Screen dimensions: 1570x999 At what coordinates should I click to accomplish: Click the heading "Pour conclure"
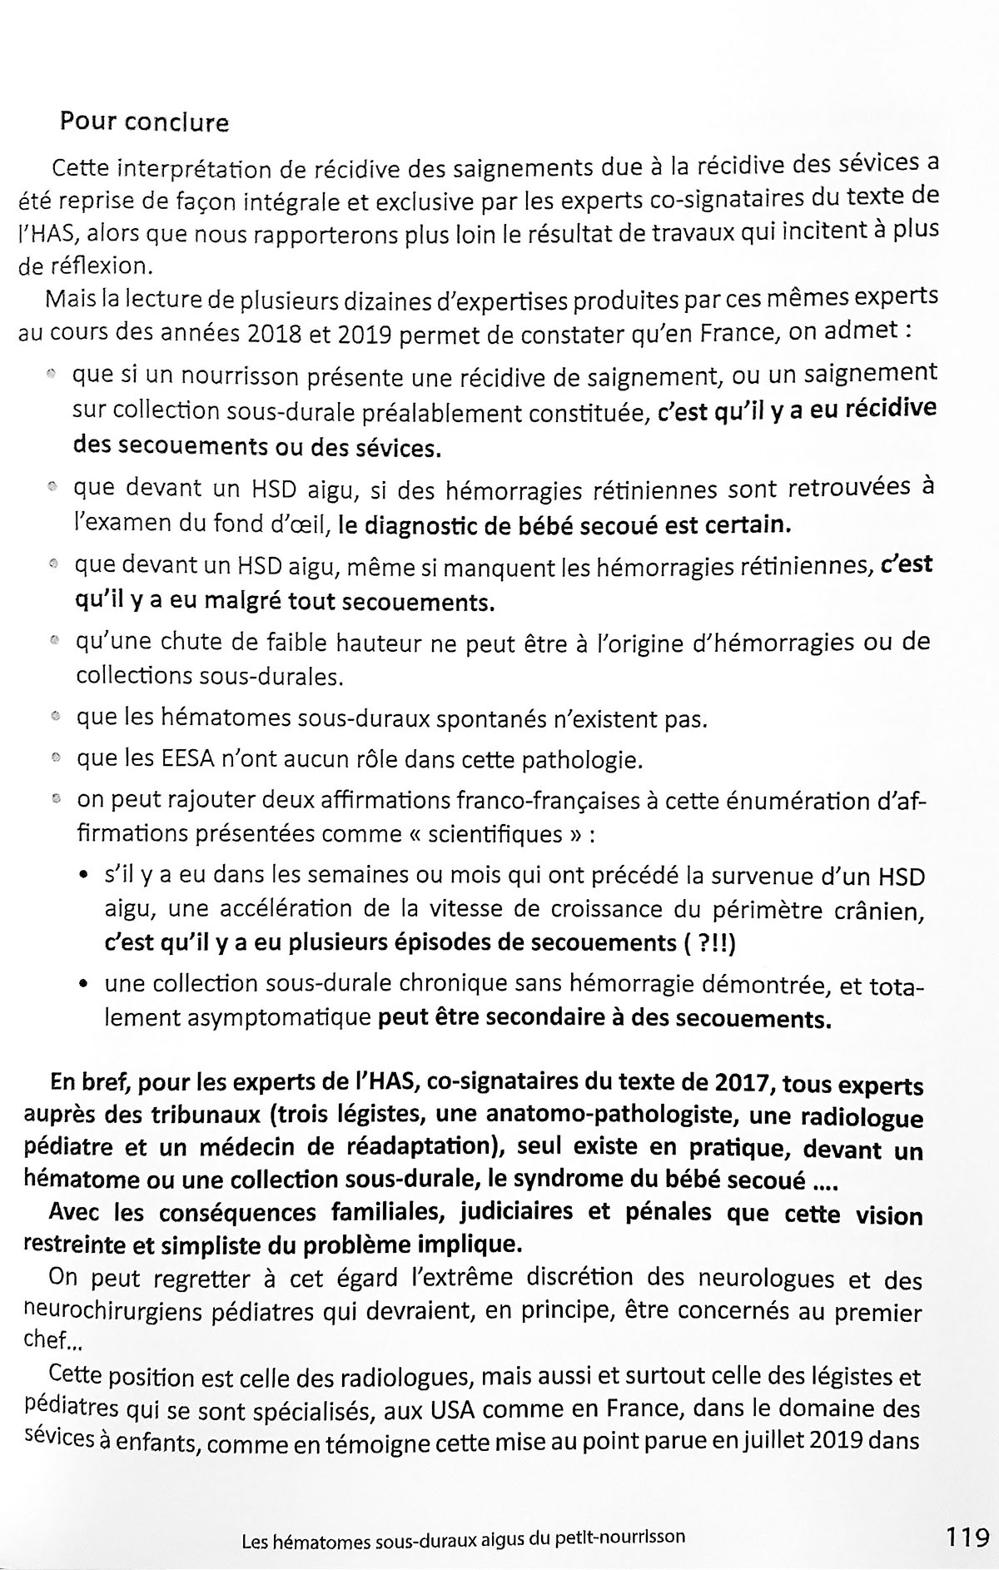pos(144,123)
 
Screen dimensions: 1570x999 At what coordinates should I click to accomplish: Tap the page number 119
pos(967,1536)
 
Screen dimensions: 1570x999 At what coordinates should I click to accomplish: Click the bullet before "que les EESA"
pos(56,759)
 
